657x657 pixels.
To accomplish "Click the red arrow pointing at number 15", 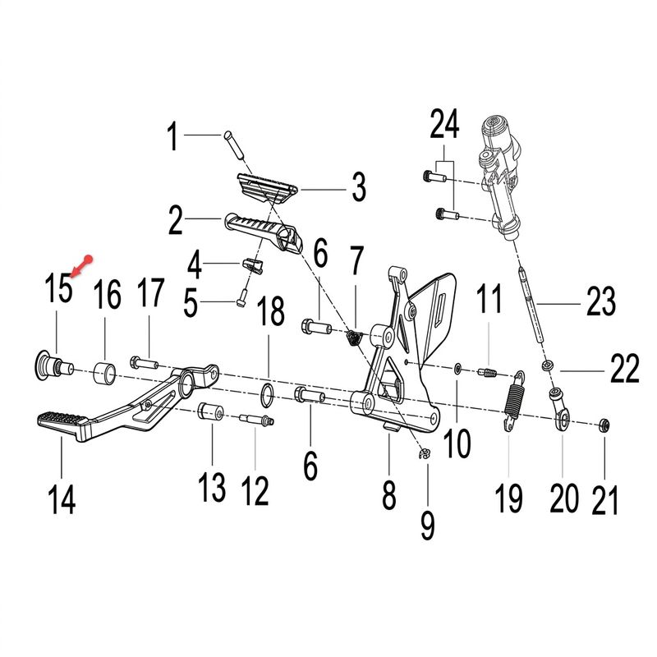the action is click(80, 267).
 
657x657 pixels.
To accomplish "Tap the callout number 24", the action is click(444, 124).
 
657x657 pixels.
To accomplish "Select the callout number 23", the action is click(601, 301).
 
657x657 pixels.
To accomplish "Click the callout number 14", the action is click(62, 499).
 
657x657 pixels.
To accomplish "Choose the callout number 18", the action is click(271, 311).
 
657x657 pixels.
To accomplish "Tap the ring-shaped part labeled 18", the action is click(268, 395).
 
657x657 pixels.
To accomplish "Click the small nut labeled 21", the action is click(604, 425).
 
